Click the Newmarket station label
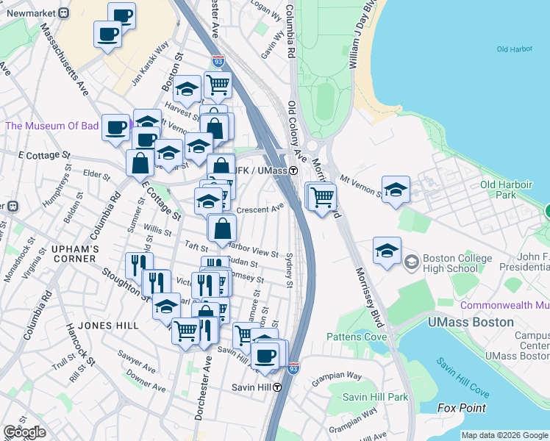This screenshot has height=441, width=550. pyautogui.click(x=30, y=12)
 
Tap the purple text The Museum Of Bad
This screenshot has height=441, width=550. pyautogui.click(x=51, y=126)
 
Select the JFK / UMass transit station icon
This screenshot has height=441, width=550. pyautogui.click(x=293, y=171)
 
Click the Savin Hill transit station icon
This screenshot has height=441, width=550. pyautogui.click(x=277, y=387)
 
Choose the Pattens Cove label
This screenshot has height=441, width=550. pyautogui.click(x=357, y=337)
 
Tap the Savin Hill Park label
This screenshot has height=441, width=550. pyautogui.click(x=375, y=397)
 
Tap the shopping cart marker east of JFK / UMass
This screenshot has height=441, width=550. pyautogui.click(x=322, y=196)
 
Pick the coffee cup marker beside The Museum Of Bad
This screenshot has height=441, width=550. pyautogui.click(x=115, y=127)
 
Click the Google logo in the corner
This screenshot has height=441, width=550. pyautogui.click(x=24, y=432)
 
